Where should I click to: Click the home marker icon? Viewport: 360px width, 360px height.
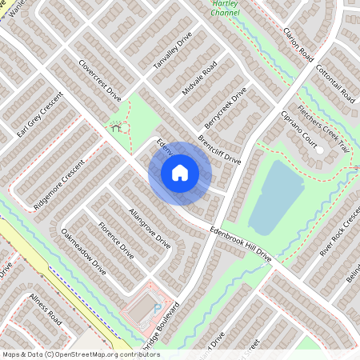[180, 172]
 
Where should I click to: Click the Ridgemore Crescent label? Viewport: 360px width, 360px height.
[59, 184]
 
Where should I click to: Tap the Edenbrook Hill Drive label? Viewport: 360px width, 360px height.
[240, 243]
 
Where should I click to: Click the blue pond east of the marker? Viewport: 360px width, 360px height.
[276, 196]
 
